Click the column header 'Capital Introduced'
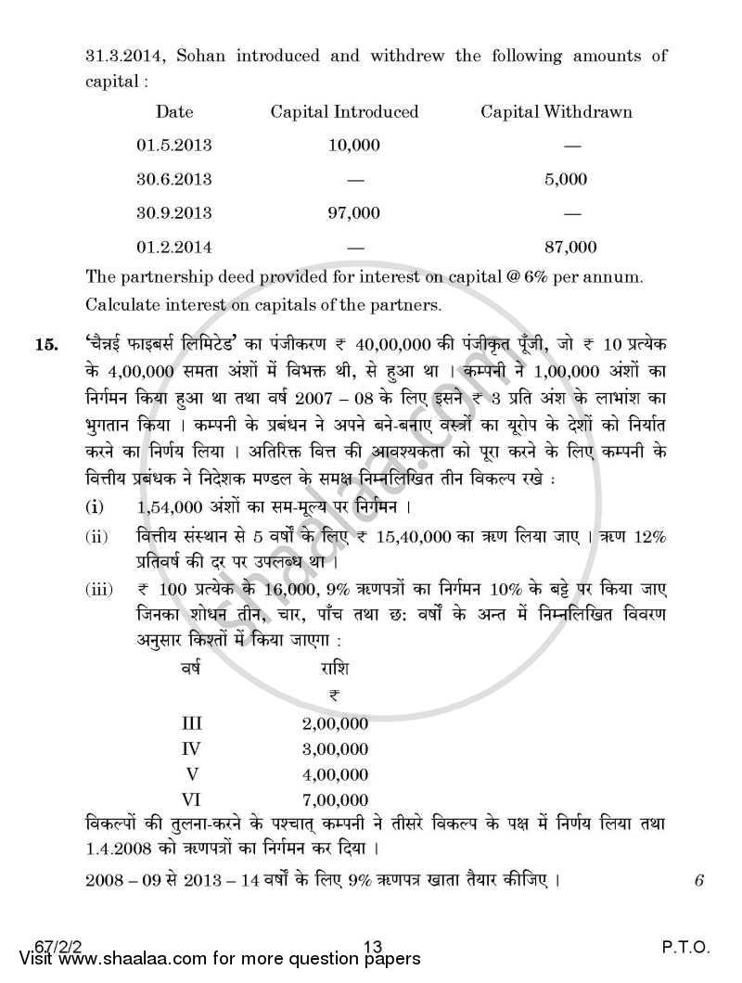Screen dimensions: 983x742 344,112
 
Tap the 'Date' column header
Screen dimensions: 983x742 174,112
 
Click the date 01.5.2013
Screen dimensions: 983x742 174,146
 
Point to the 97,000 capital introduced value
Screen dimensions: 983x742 354,212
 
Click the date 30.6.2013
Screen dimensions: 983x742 174,179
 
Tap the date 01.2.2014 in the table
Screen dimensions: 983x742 174,247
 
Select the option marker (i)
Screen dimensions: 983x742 96,509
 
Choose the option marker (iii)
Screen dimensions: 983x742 99,590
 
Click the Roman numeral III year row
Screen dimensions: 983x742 195,723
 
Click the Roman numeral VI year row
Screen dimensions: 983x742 195,798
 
